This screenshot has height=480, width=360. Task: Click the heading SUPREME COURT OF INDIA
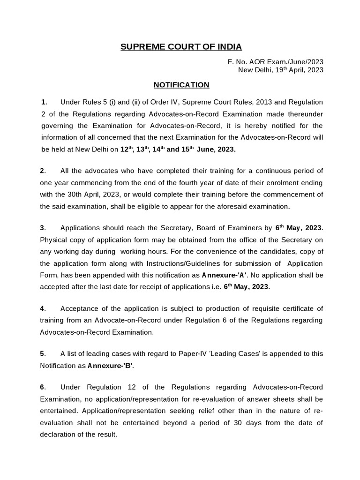181,47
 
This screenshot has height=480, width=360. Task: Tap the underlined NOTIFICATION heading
181,85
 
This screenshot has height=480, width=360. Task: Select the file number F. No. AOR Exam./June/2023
275,62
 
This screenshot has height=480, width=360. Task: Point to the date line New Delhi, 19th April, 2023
281,70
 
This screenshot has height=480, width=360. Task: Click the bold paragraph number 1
44,102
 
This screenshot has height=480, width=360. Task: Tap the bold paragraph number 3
42,228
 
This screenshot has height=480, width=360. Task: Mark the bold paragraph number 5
42,353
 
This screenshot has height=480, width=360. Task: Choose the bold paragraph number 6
42,387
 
